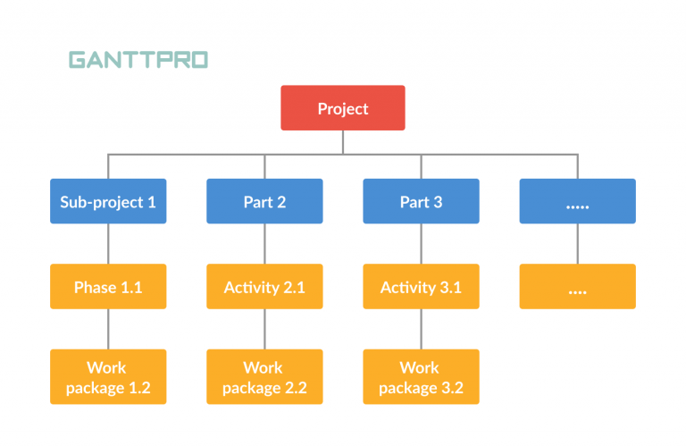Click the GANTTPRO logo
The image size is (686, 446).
pyautogui.click(x=138, y=60)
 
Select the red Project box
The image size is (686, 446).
pyautogui.click(x=343, y=108)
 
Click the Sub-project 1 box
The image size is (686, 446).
pyautogui.click(x=108, y=201)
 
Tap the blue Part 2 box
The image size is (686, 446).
pyautogui.click(x=264, y=201)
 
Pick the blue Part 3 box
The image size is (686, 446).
pyautogui.click(x=421, y=201)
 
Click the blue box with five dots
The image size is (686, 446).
pyautogui.click(x=577, y=201)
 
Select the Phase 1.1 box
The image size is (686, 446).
pyautogui.click(x=108, y=287)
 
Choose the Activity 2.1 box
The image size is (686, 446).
pyautogui.click(x=264, y=287)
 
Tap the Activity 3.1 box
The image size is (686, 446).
pyautogui.click(x=421, y=287)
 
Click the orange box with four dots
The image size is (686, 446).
pyautogui.click(x=577, y=287)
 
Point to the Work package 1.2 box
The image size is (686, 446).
pyautogui.click(x=108, y=377)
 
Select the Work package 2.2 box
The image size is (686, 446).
pyautogui.click(x=264, y=377)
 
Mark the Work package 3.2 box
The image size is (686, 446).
pyautogui.click(x=421, y=377)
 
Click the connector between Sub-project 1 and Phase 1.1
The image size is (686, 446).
pyautogui.click(x=108, y=243)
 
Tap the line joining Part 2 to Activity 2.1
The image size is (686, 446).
pyautogui.click(x=264, y=243)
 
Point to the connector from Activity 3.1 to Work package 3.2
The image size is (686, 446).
pyautogui.click(x=421, y=329)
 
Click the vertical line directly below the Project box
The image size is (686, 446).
pyautogui.click(x=343, y=142)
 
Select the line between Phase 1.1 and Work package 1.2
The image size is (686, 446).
pyautogui.click(x=108, y=329)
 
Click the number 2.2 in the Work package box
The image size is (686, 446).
pyautogui.click(x=295, y=388)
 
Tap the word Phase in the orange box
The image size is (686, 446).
pyautogui.click(x=95, y=287)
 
